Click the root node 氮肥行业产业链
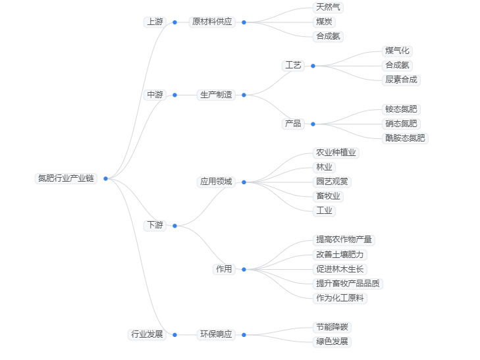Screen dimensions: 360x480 coord(66,178)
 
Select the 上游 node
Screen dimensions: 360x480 coord(155,22)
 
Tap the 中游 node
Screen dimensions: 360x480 coord(155,95)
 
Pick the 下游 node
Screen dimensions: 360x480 coord(155,225)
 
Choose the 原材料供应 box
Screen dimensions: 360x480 coord(211,22)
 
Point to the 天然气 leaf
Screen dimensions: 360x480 coord(329,7)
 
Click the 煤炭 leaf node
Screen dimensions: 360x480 coord(325,22)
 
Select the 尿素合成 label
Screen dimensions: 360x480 coord(402,80)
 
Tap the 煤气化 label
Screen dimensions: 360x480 coord(398,51)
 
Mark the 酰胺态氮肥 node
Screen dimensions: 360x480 coord(406,138)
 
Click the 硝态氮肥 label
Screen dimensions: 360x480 coord(402,124)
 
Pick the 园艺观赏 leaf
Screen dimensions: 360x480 coord(333,182)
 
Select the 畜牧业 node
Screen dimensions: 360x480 coord(329,196)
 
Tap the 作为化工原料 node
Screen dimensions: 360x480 coord(340,298)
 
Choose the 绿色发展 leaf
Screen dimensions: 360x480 coord(333,342)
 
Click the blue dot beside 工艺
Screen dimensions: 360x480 coord(313,66)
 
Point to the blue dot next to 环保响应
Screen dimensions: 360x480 coord(244,335)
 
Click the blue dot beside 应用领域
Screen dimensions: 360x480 coord(244,182)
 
